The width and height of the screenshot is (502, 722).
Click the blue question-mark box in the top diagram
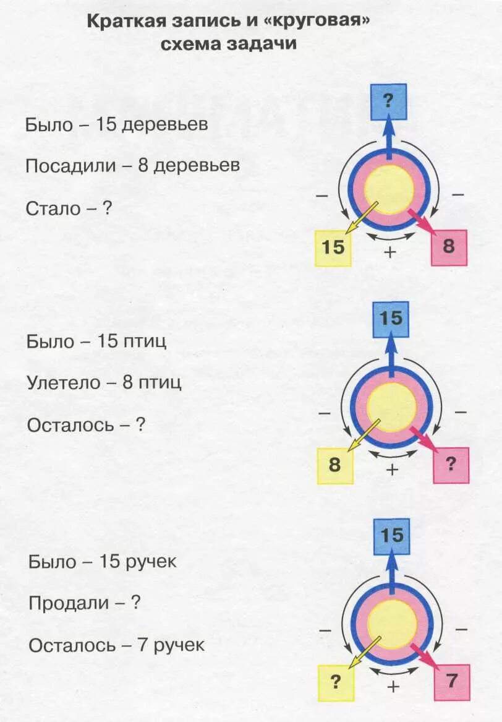click(388, 101)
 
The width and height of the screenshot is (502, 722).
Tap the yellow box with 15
click(333, 248)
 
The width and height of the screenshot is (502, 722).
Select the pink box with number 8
click(448, 247)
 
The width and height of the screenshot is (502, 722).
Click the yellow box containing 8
click(334, 465)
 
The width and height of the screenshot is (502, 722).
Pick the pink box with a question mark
click(450, 465)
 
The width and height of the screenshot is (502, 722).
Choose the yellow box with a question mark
click(336, 682)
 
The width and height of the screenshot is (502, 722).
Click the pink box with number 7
click(451, 682)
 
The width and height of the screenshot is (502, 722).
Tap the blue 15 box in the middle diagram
click(390, 319)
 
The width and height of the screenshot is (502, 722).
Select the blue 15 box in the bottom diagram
click(391, 536)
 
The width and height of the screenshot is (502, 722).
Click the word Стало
click(53, 208)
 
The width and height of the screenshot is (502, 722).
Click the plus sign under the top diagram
click(390, 252)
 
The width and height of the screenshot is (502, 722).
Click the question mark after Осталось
click(140, 425)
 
